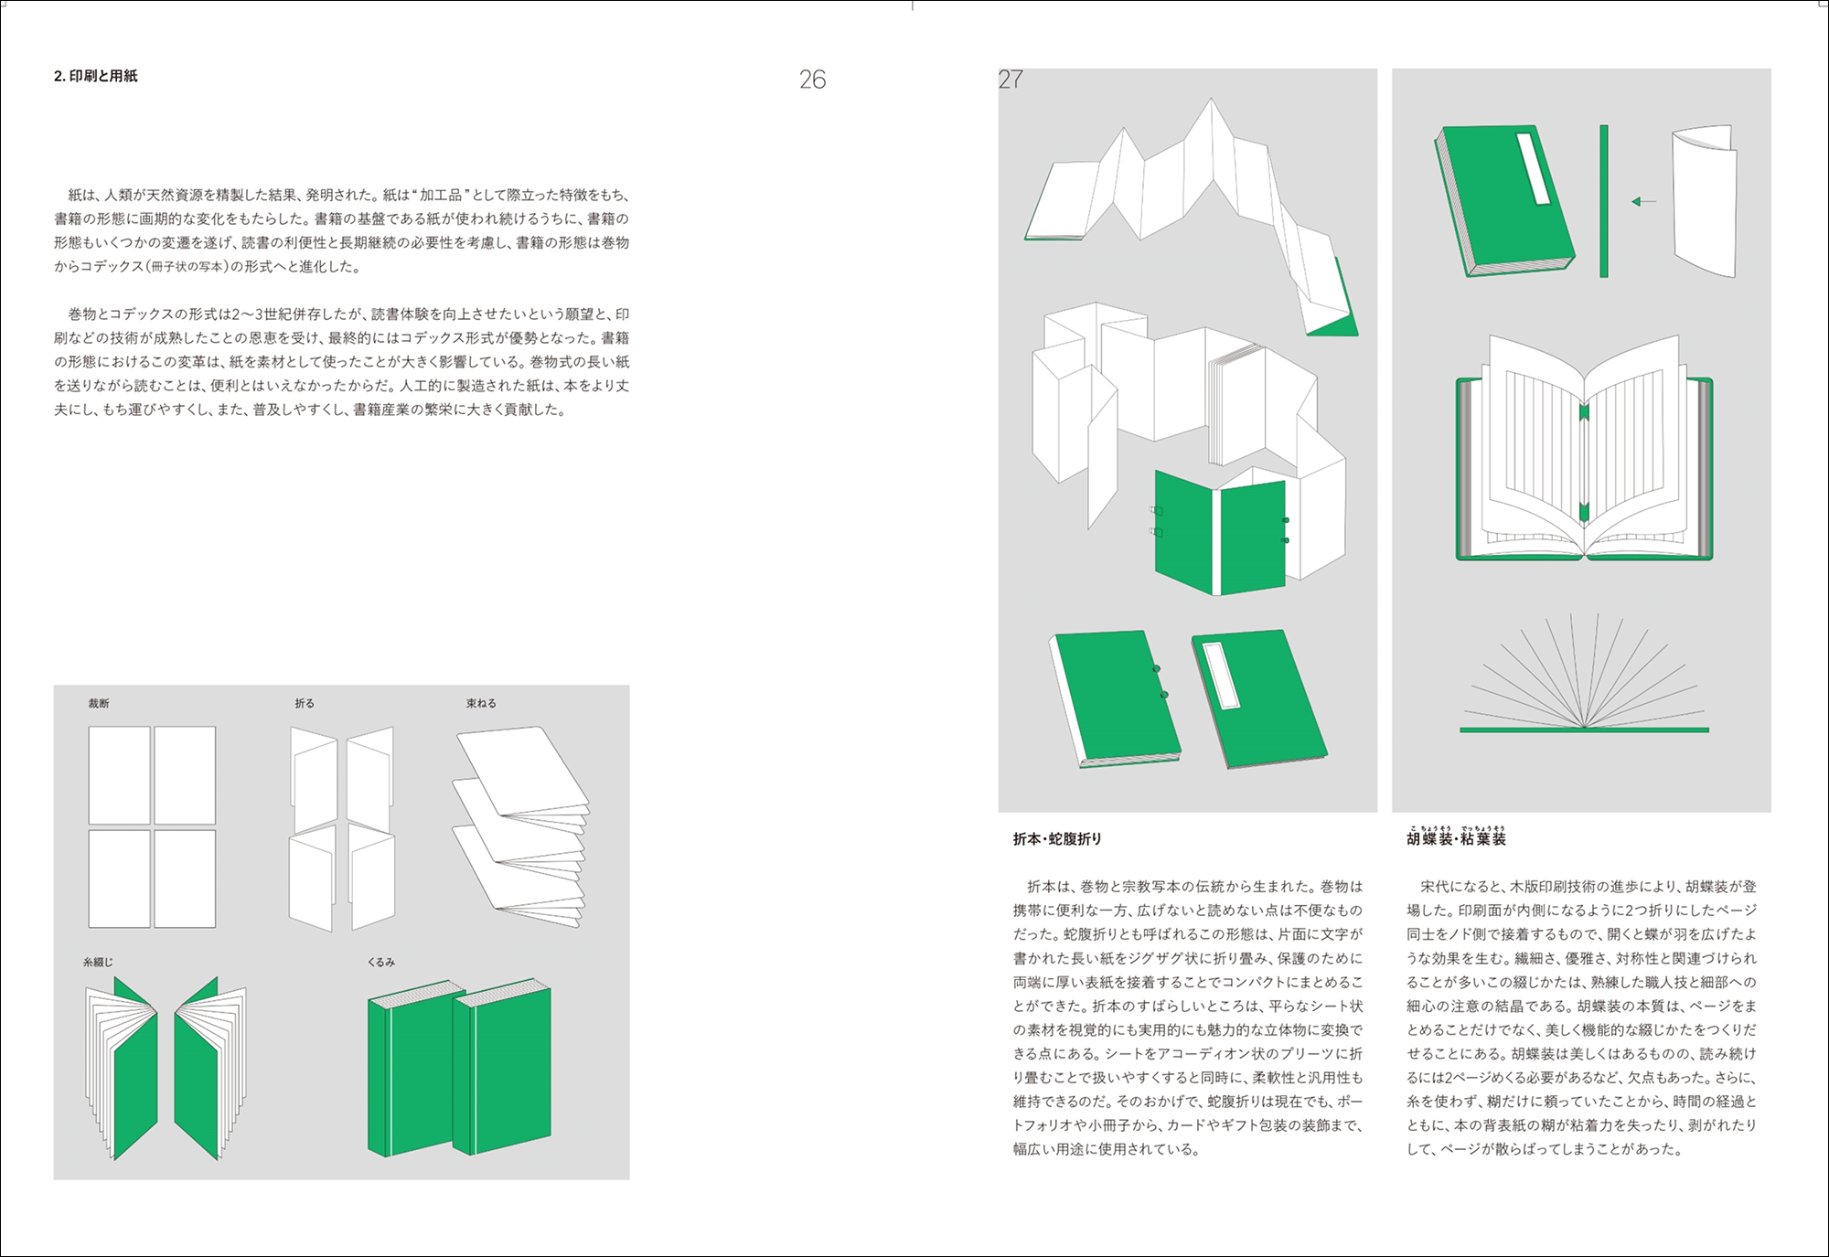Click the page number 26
click(812, 80)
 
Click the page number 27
click(1011, 80)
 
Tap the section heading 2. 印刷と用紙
click(96, 76)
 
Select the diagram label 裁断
click(99, 703)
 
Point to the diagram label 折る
click(305, 703)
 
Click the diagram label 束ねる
click(481, 703)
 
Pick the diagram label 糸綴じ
click(98, 962)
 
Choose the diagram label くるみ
click(381, 962)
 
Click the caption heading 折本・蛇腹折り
click(1057, 838)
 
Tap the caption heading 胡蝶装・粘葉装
click(1456, 837)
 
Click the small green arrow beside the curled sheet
click(1643, 201)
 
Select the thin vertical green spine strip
click(1604, 201)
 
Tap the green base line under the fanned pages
click(1584, 730)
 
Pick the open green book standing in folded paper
click(1221, 533)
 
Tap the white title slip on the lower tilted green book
click(1223, 676)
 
